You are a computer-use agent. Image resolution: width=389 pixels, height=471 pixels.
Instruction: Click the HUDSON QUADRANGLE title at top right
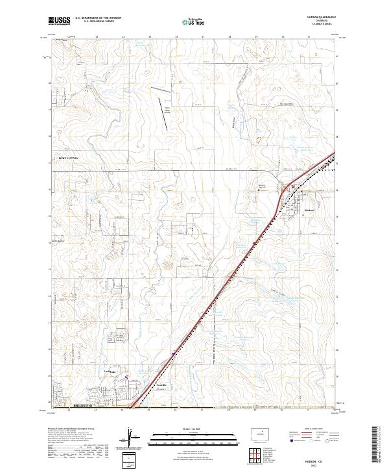(322, 18)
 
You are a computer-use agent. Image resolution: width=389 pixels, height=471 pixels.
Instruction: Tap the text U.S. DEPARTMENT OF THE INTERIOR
(98, 18)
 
